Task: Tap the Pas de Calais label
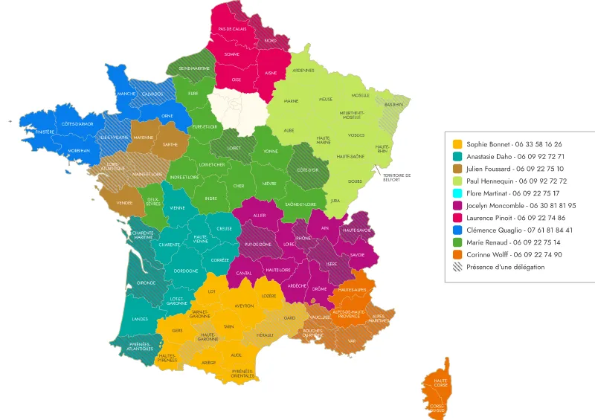pyautogui.click(x=232, y=29)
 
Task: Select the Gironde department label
pyautogui.click(x=146, y=283)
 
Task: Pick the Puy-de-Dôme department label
pyautogui.click(x=258, y=244)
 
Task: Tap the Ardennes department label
pyautogui.click(x=303, y=71)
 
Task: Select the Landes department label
pyautogui.click(x=140, y=319)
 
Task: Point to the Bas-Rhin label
pyautogui.click(x=393, y=105)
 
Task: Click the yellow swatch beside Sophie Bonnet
pyautogui.click(x=457, y=144)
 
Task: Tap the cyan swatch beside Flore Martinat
pyautogui.click(x=457, y=193)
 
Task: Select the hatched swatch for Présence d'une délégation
pyautogui.click(x=457, y=267)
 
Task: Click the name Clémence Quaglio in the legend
pyautogui.click(x=495, y=230)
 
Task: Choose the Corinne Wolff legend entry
pyautogui.click(x=514, y=255)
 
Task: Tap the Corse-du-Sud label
pyautogui.click(x=437, y=407)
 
